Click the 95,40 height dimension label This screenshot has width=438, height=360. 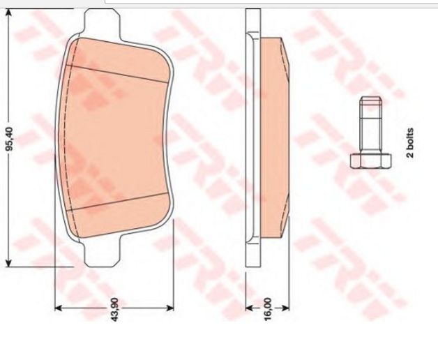click(x=10, y=139)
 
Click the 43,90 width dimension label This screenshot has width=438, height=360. click(x=115, y=309)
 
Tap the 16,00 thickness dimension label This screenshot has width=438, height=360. click(x=267, y=309)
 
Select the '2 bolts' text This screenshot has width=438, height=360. click(x=410, y=143)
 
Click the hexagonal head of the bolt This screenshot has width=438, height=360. click(x=370, y=160)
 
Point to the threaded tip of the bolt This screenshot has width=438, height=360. click(x=370, y=100)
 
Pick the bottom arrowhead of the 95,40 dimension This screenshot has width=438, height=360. click(x=8, y=262)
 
